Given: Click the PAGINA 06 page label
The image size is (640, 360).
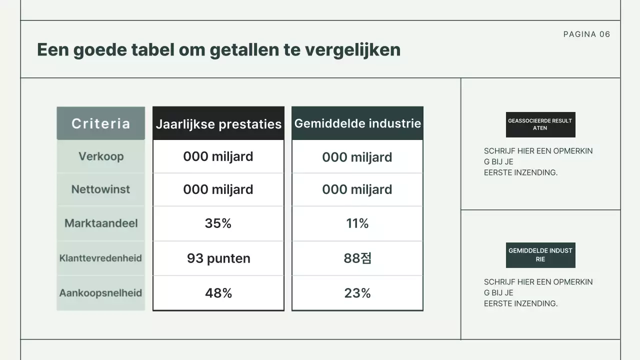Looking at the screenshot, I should [586, 34].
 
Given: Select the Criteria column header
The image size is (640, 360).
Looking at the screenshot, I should [100, 123].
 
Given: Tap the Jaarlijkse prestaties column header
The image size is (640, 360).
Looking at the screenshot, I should [218, 124].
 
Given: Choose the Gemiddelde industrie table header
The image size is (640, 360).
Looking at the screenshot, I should [357, 123].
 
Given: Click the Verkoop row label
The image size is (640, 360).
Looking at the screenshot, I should [100, 156].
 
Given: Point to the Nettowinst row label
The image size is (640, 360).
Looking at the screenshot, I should [100, 189].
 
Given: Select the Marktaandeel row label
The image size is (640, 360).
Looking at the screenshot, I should [100, 223].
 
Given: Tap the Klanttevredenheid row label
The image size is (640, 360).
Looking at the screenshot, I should [100, 258].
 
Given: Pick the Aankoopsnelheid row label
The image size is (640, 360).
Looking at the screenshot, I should [100, 293].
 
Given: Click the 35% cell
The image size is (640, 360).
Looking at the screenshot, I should [218, 223].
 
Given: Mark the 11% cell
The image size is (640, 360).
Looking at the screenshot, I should [357, 223].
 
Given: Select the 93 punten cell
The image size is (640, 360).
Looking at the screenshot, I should [218, 258].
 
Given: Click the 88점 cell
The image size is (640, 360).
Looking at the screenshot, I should [357, 258].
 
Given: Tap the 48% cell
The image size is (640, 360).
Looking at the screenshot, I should [218, 293].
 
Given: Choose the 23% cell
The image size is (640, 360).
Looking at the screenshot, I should [357, 293].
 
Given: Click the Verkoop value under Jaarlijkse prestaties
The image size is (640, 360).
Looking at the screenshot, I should [218, 156].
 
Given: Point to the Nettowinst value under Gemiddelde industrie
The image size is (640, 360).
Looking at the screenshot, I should [357, 189].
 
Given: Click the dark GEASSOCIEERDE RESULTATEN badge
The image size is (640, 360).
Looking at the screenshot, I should [540, 124].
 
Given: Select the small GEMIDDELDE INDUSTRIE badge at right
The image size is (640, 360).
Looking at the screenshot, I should [540, 255].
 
